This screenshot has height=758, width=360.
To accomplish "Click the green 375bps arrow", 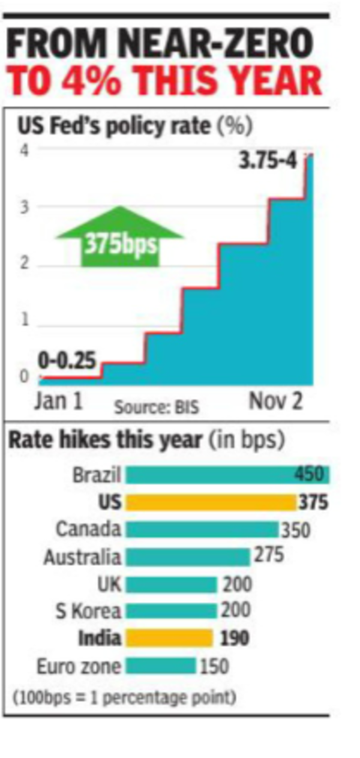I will point(119,238).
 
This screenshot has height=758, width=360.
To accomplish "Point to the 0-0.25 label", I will point(67,361).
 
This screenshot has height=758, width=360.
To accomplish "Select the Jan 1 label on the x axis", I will point(58,402).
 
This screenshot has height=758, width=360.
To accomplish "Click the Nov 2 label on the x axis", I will point(276,402).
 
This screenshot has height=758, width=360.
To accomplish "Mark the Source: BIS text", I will point(157,408).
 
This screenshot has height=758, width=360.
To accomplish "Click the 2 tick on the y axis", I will point(23,265).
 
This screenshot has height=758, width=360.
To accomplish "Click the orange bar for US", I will point(211,502).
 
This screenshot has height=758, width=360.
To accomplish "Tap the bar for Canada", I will point(202,529).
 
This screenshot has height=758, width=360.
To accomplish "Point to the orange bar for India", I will point(169,638).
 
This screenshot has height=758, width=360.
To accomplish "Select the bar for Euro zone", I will point(161,666).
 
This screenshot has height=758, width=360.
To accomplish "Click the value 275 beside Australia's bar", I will point(268,555).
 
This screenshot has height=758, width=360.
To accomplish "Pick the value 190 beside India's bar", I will point(234,638).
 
